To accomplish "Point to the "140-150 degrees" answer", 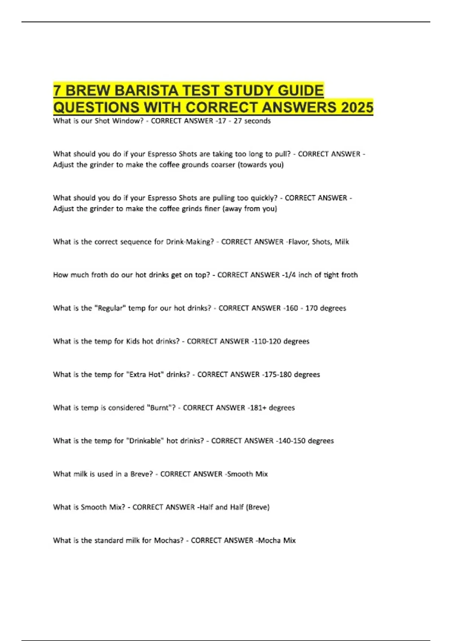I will point(305,441).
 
